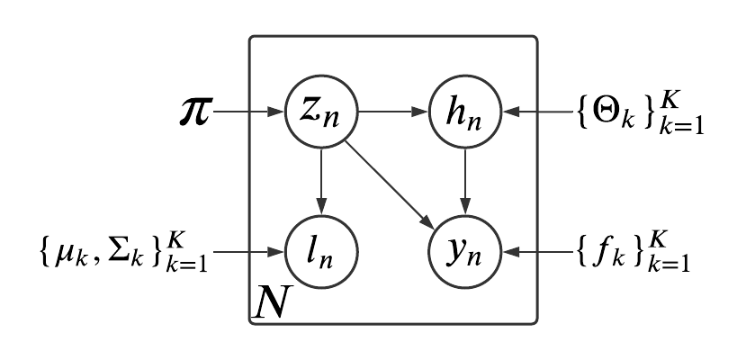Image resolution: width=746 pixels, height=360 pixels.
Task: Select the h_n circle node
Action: (x=465, y=113)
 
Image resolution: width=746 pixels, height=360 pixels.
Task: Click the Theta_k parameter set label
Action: (x=639, y=115)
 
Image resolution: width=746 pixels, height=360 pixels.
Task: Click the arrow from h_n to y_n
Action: (x=465, y=180)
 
